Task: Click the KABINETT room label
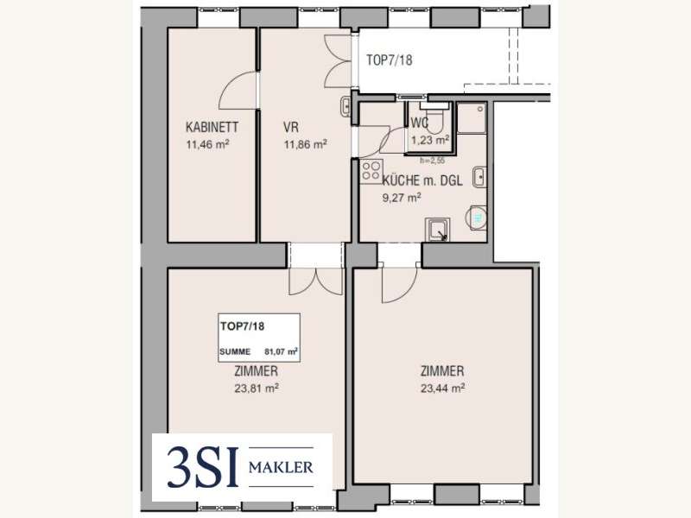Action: click(212, 127)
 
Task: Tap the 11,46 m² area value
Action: click(207, 144)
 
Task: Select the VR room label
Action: click(291, 127)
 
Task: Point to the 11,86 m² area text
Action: click(306, 144)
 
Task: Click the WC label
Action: click(419, 123)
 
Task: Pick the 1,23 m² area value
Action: click(430, 140)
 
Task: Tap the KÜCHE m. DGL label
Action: click(422, 180)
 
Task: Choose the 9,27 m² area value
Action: click(402, 198)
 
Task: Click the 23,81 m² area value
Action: click(257, 388)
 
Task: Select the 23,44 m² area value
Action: click(443, 388)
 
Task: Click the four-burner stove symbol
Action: click(371, 171)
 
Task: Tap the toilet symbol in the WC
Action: click(435, 117)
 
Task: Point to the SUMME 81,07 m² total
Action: click(258, 351)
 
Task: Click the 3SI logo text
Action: click(203, 467)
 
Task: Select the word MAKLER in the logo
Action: click(281, 467)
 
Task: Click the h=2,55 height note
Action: click(433, 161)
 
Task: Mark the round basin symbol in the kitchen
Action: click(477, 218)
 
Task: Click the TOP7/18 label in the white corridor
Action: click(390, 60)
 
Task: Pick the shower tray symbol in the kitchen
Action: click(437, 230)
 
